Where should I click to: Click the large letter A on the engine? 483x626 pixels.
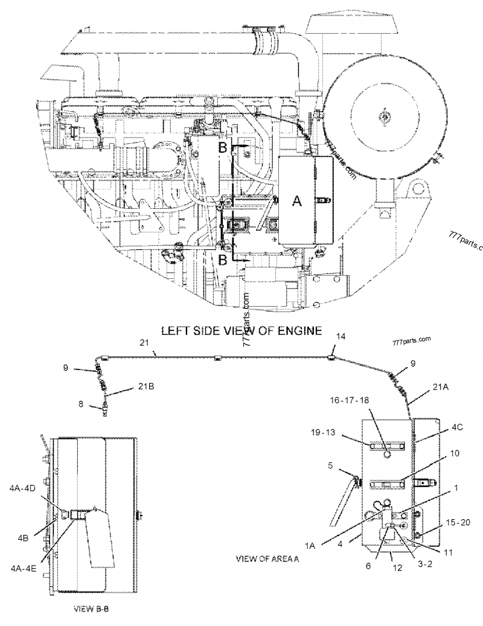(x=296, y=202)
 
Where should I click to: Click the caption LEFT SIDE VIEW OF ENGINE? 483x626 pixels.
(x=241, y=331)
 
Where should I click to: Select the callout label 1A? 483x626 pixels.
(x=310, y=545)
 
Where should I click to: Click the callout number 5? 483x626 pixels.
(x=330, y=465)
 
